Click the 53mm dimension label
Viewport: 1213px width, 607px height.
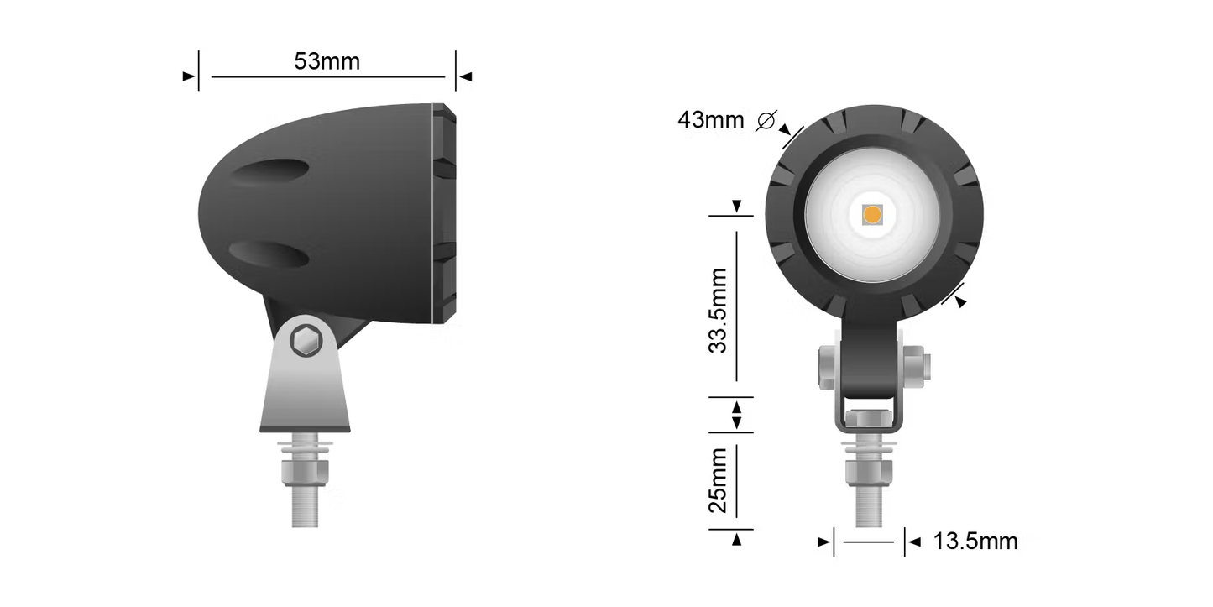[x=327, y=61]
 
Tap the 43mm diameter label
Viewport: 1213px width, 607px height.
[x=710, y=120]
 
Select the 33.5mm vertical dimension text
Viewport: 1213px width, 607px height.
[x=719, y=311]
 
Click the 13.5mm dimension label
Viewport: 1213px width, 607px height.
[x=975, y=542]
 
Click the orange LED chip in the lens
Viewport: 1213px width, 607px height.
[x=872, y=215]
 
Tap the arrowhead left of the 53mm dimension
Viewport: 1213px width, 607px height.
[x=188, y=76]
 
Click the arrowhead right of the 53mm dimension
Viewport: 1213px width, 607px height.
[x=467, y=76]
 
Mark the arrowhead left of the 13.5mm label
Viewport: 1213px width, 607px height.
[x=823, y=542]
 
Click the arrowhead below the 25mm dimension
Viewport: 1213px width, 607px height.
[x=736, y=540]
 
